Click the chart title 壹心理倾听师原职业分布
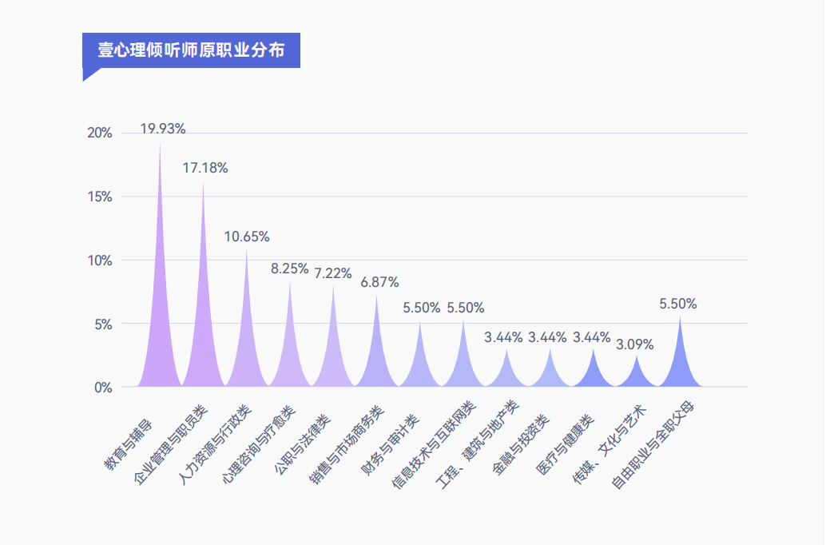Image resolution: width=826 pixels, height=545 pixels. tap(191, 50)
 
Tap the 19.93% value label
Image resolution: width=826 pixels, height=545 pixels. tap(163, 129)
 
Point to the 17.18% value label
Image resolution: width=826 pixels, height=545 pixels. tap(205, 168)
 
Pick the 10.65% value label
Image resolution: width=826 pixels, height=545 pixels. tap(247, 237)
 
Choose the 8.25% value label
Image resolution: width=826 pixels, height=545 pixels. tap(290, 269)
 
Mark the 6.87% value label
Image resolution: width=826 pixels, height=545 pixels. tap(379, 282)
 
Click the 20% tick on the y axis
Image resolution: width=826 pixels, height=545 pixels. tap(99, 133)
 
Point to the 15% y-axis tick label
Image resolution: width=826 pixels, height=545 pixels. tap(99, 197)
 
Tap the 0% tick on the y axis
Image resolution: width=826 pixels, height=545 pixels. tap(103, 388)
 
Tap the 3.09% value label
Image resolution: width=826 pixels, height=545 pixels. tap(634, 344)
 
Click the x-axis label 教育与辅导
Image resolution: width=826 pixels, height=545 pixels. tap(133, 441)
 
